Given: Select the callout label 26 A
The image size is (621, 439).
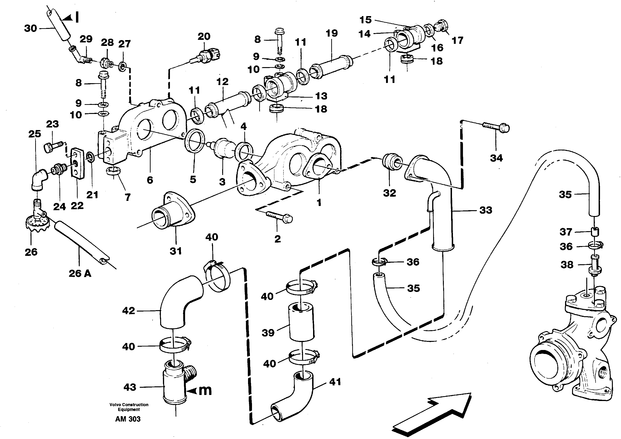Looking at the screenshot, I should click(x=80, y=274).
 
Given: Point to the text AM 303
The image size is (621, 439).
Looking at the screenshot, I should click(x=128, y=419).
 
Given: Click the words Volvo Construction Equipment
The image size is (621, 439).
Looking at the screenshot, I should click(x=129, y=407).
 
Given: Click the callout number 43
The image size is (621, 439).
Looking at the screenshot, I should click(x=130, y=387).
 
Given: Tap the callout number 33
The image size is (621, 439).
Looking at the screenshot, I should click(x=486, y=210).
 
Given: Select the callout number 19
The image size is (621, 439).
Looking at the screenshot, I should click(x=332, y=33).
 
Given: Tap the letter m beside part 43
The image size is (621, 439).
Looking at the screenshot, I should click(x=205, y=390).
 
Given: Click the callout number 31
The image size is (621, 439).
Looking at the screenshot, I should click(x=176, y=251).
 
